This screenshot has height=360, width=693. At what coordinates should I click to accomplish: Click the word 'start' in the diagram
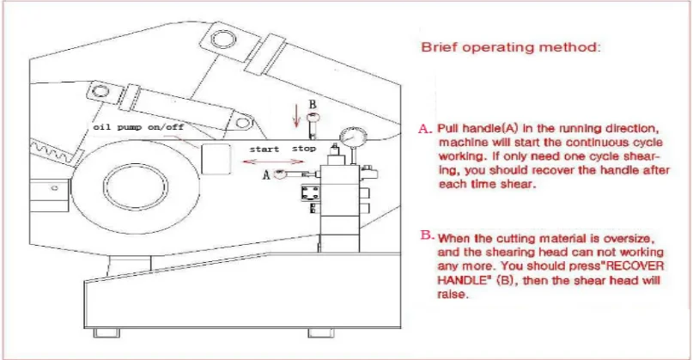264,149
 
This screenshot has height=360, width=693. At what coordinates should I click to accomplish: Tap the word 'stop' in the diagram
304,149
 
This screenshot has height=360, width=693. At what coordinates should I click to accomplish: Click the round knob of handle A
280,173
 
